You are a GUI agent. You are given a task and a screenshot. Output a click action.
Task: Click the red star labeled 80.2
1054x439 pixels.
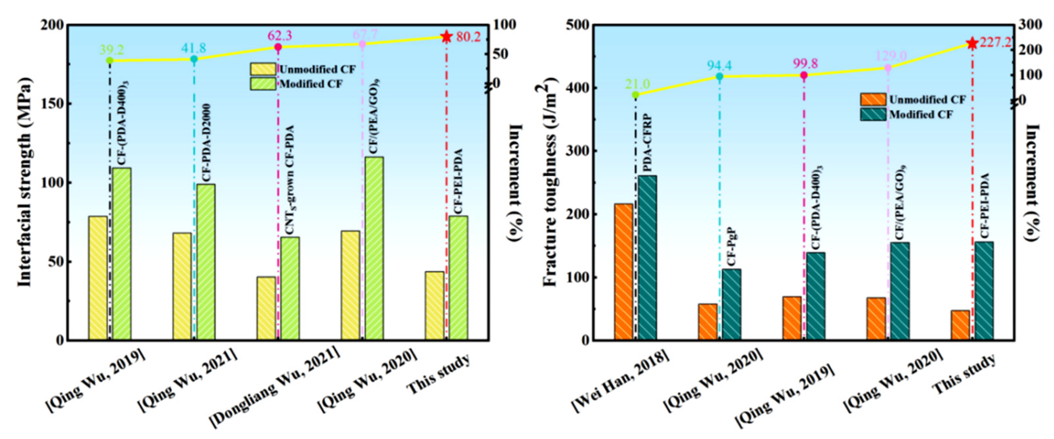(446, 37)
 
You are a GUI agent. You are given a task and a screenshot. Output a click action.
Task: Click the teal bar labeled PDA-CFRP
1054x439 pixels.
(647, 257)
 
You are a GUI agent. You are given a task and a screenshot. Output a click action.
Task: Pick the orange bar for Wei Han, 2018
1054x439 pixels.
(623, 271)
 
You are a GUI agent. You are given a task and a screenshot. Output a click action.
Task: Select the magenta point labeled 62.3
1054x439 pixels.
(278, 47)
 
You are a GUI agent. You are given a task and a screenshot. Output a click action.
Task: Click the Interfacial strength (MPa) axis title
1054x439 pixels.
(25, 182)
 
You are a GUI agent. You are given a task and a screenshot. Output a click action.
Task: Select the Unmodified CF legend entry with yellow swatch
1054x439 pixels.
(303, 69)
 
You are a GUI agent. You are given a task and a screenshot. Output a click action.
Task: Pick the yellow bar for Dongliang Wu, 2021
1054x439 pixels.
(266, 308)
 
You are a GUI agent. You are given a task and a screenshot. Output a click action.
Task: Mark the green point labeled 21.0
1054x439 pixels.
(635, 95)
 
